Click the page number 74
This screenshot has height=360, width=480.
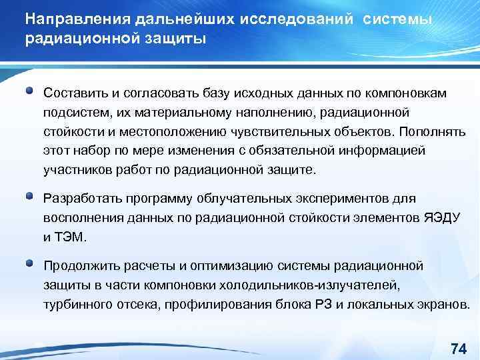click(457, 348)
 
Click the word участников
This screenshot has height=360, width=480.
click(74, 169)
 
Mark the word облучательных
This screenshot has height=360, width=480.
click(221, 199)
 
